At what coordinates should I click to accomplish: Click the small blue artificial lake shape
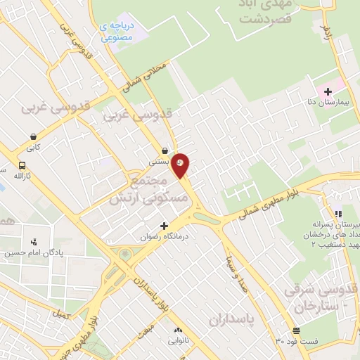point(141,32)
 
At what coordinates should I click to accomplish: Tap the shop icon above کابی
point(33,137)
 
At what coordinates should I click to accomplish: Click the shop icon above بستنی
point(165,150)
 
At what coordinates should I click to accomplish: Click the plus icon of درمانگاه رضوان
point(165,226)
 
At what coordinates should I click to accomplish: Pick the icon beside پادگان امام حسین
point(33,241)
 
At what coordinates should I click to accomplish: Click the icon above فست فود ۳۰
point(296,330)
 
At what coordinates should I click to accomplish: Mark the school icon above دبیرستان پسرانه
point(338,214)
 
